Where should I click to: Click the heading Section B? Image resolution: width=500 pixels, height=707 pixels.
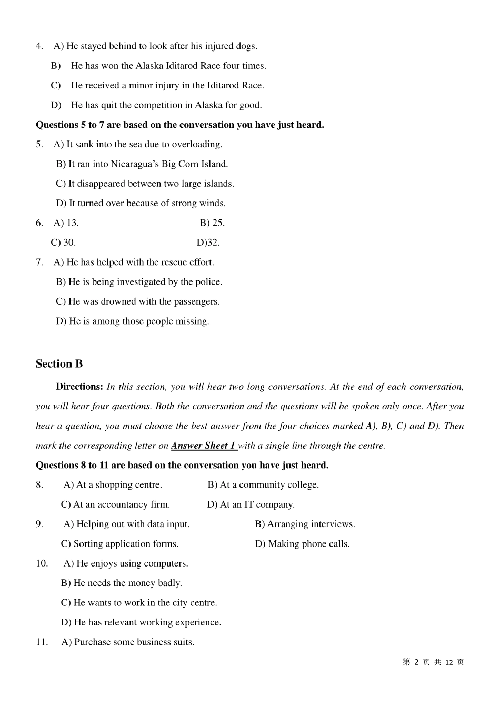(59, 364)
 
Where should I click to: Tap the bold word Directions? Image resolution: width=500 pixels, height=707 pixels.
(79, 387)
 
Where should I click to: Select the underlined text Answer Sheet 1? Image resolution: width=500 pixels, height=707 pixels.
(203, 446)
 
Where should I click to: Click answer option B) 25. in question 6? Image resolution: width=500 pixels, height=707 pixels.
(212, 223)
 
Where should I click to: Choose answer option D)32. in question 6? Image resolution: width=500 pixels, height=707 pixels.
(208, 243)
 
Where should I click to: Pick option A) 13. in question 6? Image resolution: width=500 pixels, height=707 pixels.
(66, 223)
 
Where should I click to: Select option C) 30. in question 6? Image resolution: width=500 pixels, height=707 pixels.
(63, 243)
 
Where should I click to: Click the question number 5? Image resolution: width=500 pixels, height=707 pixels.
(39, 144)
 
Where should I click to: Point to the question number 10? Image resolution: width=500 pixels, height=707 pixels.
(42, 563)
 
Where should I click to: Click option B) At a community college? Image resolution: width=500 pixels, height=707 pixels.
(263, 485)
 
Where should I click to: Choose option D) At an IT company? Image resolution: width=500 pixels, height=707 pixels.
(251, 504)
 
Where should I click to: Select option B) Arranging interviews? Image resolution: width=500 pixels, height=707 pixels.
(305, 524)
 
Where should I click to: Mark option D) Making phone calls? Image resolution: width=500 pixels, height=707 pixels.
(302, 544)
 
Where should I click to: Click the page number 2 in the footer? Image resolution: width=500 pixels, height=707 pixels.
(416, 662)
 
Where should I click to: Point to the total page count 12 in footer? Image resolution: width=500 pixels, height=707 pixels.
(449, 662)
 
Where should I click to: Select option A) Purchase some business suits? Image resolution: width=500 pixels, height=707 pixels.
(128, 642)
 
